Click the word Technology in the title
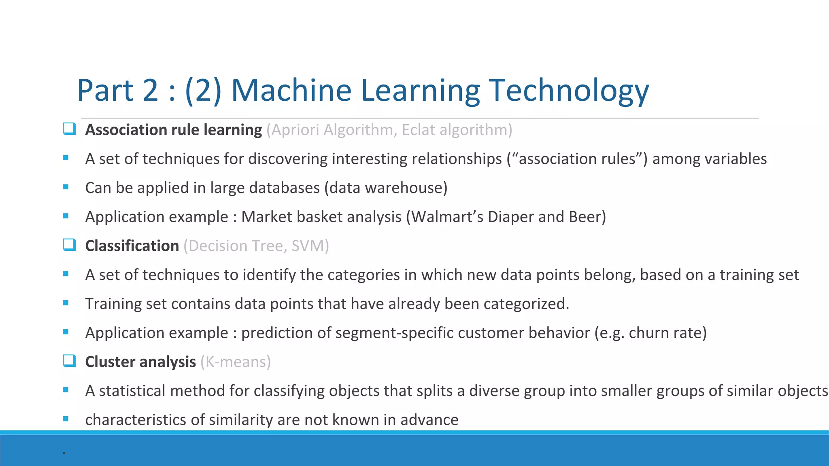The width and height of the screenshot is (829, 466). [569, 91]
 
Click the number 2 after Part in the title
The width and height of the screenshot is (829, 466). [150, 91]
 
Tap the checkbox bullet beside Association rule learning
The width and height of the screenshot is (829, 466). [69, 129]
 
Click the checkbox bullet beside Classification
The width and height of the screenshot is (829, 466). [69, 245]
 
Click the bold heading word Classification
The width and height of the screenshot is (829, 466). [132, 246]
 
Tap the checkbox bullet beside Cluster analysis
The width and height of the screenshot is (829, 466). [69, 361]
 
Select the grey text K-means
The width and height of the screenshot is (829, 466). [236, 362]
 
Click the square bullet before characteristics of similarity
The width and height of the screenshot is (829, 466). [66, 419]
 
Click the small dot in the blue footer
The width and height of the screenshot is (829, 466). [64, 453]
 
